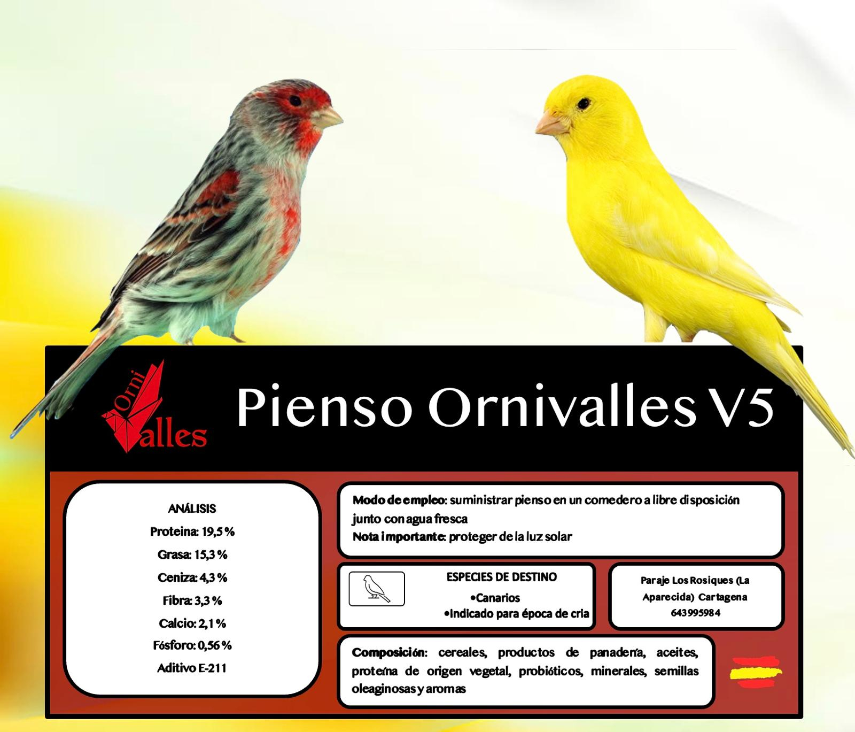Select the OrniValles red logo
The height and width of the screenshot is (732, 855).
pyautogui.click(x=154, y=409)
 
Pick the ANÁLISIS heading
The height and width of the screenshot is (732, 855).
pyautogui.click(x=192, y=508)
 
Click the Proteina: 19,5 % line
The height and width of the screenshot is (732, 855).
pyautogui.click(x=192, y=531)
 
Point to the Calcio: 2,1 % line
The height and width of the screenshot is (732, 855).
pyautogui.click(x=192, y=623)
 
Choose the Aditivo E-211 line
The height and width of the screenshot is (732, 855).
pyautogui.click(x=192, y=668)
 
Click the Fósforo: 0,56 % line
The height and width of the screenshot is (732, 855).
pyautogui.click(x=192, y=645)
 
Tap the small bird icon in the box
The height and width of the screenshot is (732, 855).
pyautogui.click(x=377, y=589)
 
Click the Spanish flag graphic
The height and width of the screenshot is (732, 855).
pyautogui.click(x=756, y=669)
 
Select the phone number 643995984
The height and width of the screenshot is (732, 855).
pyautogui.click(x=695, y=613)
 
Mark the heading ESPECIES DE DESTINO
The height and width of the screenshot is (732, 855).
pyautogui.click(x=501, y=577)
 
